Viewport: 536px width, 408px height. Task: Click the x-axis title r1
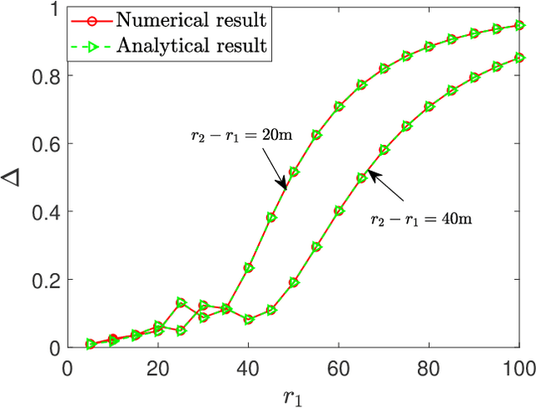[x=293, y=393]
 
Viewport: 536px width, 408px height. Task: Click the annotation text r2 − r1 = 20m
[x=239, y=134]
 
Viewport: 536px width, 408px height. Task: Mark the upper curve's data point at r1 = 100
[x=519, y=26]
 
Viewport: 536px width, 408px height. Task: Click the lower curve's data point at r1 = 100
[x=519, y=58]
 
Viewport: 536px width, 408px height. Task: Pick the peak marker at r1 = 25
[x=181, y=302]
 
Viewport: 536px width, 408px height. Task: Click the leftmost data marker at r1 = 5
[x=90, y=344]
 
